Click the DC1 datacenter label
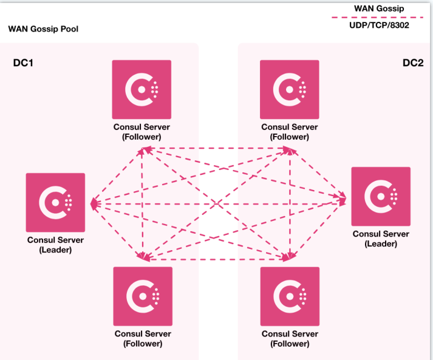coord(23,63)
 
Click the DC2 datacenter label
coord(413,63)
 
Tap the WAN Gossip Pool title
coord(43,29)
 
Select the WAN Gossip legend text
coord(379,8)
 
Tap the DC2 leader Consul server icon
coord(381,196)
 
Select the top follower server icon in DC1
coord(141,90)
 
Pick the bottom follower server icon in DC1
coord(143,296)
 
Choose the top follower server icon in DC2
coord(289,90)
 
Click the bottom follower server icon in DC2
coord(289,296)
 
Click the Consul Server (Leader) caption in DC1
coord(55,245)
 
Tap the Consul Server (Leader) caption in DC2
coord(381,239)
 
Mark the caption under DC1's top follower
coord(141,132)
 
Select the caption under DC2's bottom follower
coord(290,339)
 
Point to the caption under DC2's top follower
coord(289,132)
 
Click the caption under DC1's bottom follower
coord(143,339)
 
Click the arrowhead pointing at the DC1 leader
coord(94,203)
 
